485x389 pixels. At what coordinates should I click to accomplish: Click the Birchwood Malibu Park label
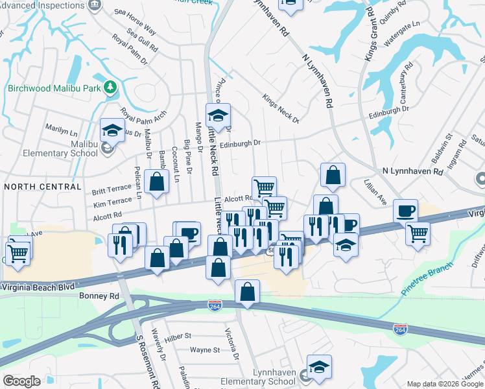click(54, 88)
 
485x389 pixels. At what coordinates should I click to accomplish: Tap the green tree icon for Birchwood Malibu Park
click(111, 87)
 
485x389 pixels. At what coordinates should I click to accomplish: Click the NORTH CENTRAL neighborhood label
click(43, 187)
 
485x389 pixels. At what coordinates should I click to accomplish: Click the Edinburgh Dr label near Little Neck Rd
click(239, 143)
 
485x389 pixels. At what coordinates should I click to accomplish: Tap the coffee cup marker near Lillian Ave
click(405, 211)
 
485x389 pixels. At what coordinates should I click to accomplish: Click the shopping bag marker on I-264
click(247, 292)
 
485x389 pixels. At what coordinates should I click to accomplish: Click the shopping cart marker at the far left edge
click(18, 252)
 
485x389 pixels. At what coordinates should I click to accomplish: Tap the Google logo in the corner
click(21, 381)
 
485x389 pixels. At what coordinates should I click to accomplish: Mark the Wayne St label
click(206, 350)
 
